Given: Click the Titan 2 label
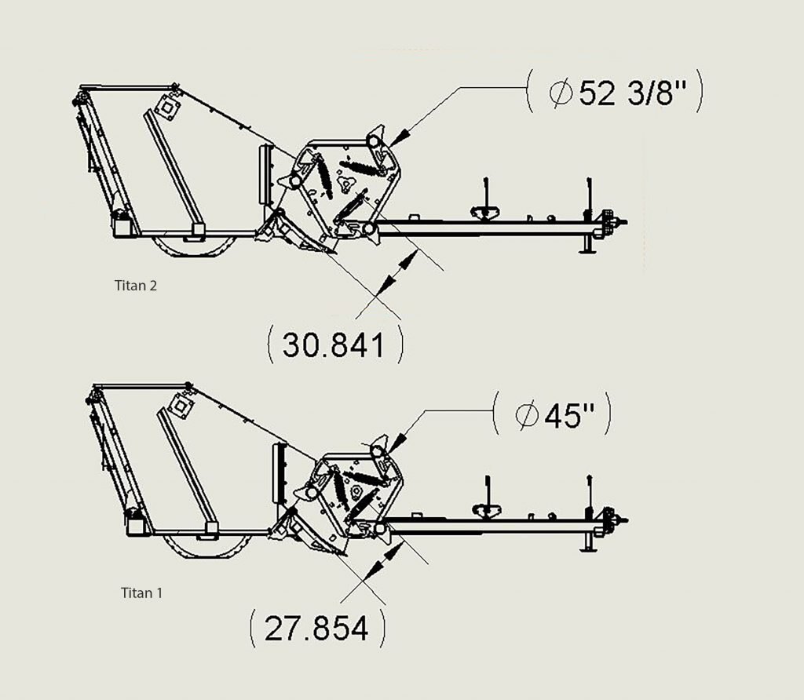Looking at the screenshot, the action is point(135,286).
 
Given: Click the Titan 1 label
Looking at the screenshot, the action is point(141,593).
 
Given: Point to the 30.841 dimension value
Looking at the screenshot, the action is point(333,345).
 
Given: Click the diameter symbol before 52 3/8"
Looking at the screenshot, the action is point(560,93).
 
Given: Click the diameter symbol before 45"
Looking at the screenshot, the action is point(527,415).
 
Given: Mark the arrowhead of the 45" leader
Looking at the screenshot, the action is point(397,443).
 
